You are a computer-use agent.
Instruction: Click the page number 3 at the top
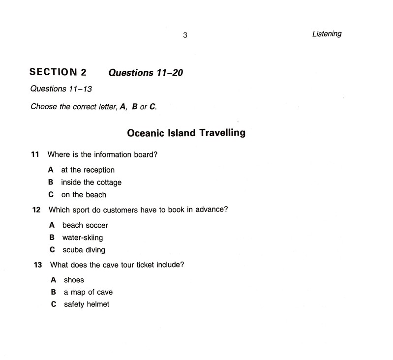coord(185,35)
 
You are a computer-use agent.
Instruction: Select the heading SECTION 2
coord(58,72)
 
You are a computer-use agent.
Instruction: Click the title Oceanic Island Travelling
coord(186,133)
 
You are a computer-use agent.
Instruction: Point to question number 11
coord(35,154)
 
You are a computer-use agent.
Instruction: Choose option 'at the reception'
coord(88,170)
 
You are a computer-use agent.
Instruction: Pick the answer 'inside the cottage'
coord(91,182)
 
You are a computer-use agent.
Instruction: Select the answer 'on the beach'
coord(84,195)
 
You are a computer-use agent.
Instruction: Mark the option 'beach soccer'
coord(85,226)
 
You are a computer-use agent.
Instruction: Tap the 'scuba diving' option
coord(84,250)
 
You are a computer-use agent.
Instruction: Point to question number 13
coord(37,265)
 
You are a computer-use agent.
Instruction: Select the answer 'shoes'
coord(74,280)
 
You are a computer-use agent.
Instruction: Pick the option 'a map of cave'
coord(88,292)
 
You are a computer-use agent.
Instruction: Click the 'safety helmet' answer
coord(87,304)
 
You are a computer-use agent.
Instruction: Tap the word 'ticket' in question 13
coord(150,265)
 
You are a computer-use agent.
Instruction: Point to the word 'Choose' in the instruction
coord(43,106)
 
